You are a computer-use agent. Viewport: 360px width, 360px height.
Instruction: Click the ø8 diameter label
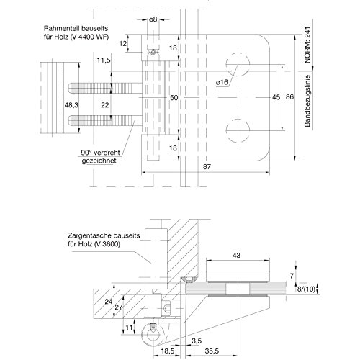[x=153, y=19]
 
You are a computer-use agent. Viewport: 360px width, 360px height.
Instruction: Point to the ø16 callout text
[x=222, y=82]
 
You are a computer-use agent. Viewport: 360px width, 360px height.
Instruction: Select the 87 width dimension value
[x=207, y=166]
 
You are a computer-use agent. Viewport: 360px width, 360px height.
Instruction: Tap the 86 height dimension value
[x=289, y=96]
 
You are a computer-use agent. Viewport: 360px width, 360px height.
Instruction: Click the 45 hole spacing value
[x=276, y=97]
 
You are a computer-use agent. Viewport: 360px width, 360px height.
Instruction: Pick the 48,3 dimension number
[x=71, y=105]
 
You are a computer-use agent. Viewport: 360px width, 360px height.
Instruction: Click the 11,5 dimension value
[x=104, y=60]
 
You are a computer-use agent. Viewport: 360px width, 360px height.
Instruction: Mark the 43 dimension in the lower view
[x=236, y=255]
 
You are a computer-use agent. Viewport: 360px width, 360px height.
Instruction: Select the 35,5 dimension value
[x=212, y=351]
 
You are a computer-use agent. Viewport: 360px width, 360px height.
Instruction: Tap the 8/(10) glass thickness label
[x=306, y=289]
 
